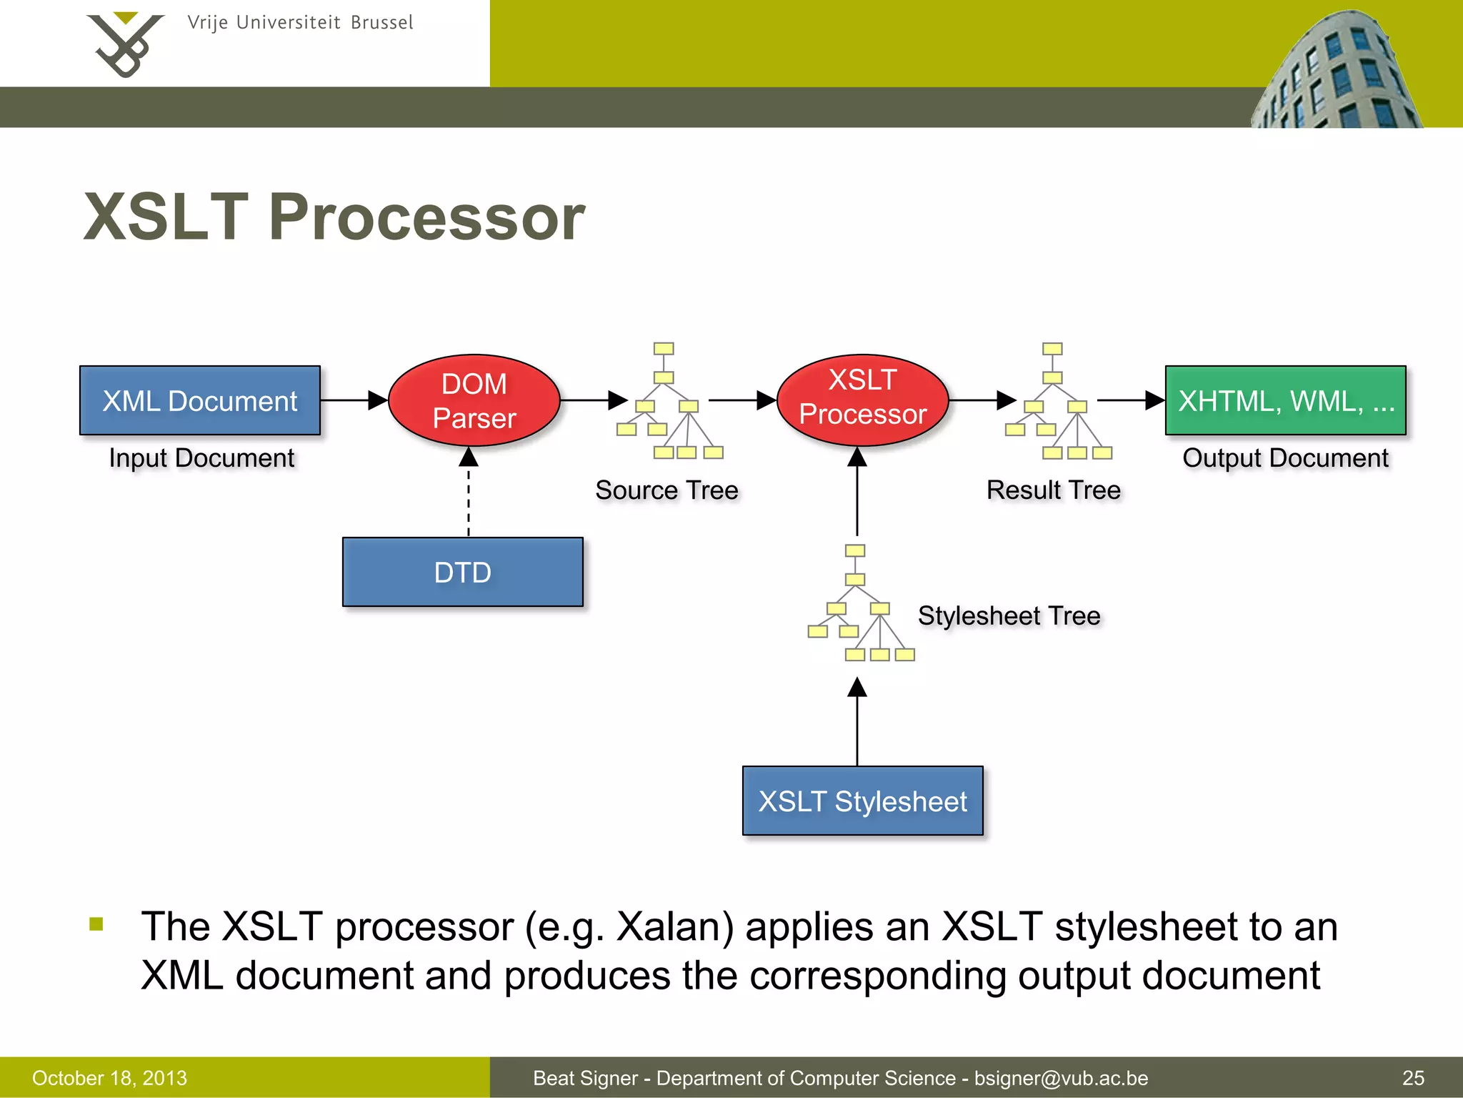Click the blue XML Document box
point(200,400)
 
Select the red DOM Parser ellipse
point(474,400)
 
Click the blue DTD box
point(463,572)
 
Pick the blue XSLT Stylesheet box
point(862,801)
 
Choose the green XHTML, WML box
point(1285,400)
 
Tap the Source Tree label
point(666,490)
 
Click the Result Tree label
point(1053,490)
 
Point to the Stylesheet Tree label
point(1009,615)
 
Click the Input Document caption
point(201,457)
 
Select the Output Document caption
point(1285,457)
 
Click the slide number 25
point(1413,1078)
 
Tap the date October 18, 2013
point(109,1078)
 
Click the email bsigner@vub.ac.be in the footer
point(1061,1078)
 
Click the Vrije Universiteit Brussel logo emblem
point(125,45)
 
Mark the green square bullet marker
point(96,924)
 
